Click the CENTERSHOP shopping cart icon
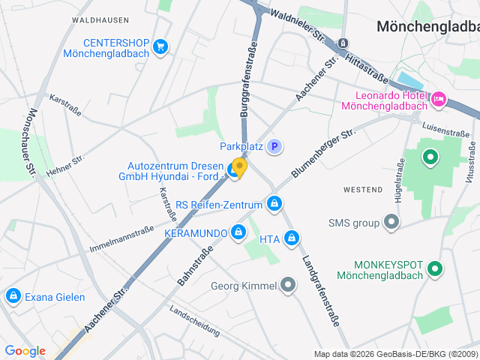coord(160,48)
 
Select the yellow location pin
coord(239,166)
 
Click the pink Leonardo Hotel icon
coord(439,98)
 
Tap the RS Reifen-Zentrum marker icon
coord(274,204)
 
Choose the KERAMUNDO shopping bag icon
coord(238,232)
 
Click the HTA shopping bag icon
coord(292,239)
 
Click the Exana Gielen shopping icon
coord(13,296)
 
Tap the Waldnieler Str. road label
coord(298,25)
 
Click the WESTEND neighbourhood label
coord(363,190)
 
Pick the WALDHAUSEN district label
coord(97,19)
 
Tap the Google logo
coord(25,351)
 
